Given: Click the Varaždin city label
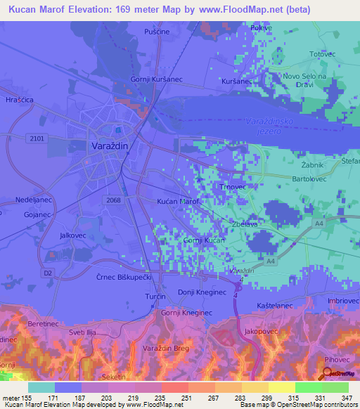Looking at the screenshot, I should click(x=110, y=145).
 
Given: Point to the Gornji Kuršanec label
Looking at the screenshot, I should click(x=157, y=79).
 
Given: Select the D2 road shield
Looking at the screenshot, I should click(x=48, y=271).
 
